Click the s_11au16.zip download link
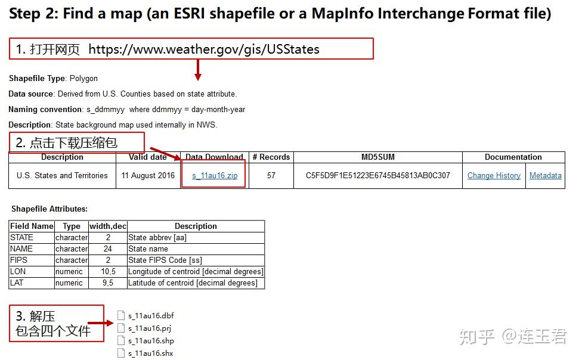coord(215,176)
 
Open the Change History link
coord(494,176)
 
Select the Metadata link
coord(545,176)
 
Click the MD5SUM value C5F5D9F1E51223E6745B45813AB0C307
coord(378,176)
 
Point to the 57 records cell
coord(271,176)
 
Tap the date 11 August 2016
coord(148,176)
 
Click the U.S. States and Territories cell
coord(62,176)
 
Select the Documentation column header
coord(513,157)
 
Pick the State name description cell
coord(148,249)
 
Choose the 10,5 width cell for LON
coord(108,272)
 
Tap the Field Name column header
coord(32,226)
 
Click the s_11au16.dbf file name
coord(151,316)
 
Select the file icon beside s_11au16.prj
coord(121,328)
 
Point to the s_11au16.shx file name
coord(151,353)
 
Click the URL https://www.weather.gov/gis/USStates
coord(204,49)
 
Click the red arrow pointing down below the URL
coord(198,71)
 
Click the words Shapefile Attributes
coord(49,209)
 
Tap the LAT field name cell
coord(17,283)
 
